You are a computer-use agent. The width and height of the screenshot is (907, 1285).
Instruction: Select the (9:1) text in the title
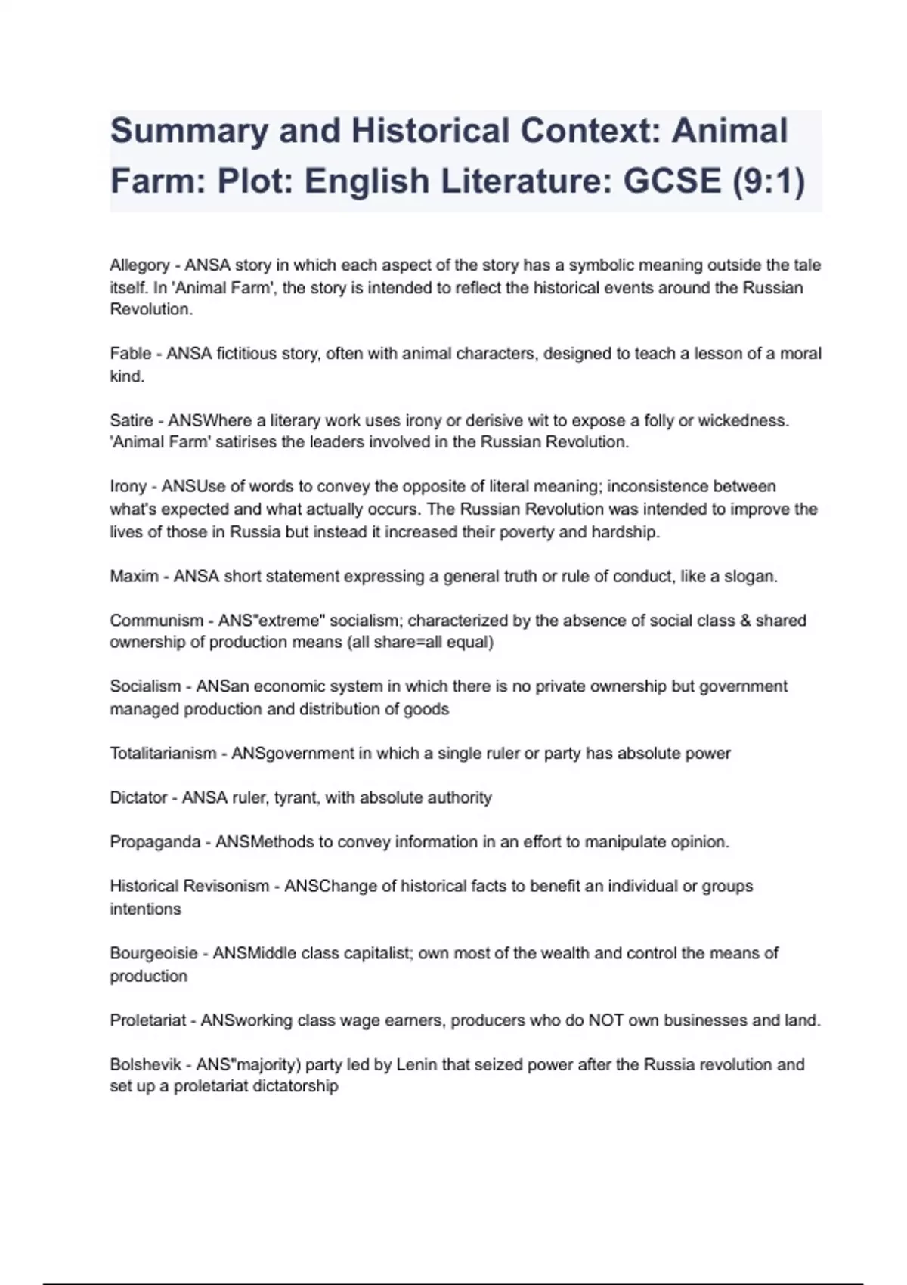(x=769, y=181)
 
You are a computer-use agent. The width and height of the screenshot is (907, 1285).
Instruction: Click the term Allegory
(x=140, y=265)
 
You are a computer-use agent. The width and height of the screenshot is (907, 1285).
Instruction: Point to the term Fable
(x=131, y=354)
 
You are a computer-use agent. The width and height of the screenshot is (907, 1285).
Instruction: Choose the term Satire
(x=132, y=420)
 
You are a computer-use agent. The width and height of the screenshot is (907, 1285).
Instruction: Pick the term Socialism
(x=146, y=686)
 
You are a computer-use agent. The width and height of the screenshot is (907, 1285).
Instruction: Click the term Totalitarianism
(x=163, y=754)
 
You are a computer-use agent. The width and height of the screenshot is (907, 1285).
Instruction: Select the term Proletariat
(x=148, y=1020)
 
